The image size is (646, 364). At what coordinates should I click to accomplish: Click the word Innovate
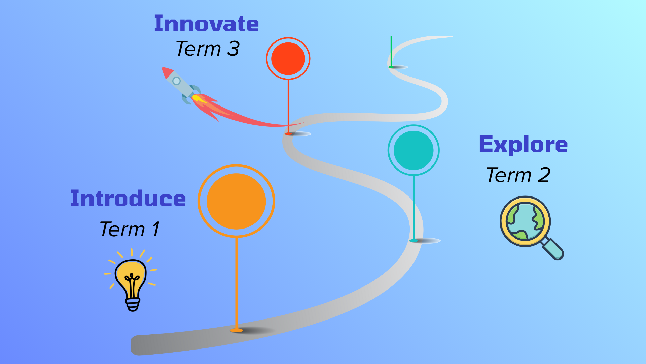[x=206, y=24]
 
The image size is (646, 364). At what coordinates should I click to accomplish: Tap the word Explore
[x=523, y=145]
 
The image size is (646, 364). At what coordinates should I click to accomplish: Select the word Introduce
[x=128, y=199]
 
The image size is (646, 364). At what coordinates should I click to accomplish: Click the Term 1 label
[x=130, y=230]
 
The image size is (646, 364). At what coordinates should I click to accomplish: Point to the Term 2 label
[x=518, y=175]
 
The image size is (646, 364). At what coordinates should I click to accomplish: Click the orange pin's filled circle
[x=236, y=201]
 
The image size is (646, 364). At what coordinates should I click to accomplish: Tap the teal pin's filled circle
[x=414, y=150]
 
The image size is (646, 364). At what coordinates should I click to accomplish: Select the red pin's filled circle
[x=288, y=59]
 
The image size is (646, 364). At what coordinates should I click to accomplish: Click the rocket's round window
[x=176, y=81]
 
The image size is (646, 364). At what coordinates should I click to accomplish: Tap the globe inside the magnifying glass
[x=525, y=222]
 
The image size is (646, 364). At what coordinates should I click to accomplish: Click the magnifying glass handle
[x=553, y=249]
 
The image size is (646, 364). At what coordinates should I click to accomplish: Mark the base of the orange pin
[x=237, y=330]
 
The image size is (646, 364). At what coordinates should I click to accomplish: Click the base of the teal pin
[x=414, y=241]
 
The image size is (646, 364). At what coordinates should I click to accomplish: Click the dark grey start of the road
[x=141, y=345]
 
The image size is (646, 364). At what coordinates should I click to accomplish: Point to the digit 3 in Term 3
[x=233, y=49]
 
